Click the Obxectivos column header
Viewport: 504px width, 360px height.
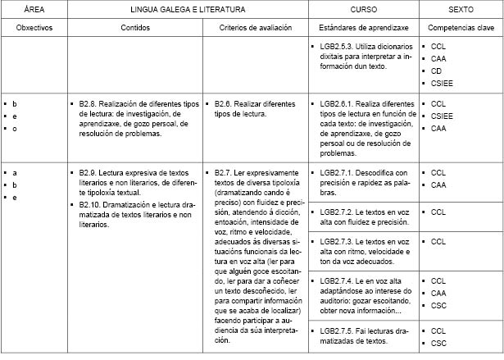coord(34,27)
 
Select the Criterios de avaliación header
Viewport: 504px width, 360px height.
coord(255,27)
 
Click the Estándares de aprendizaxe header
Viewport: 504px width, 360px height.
coord(364,27)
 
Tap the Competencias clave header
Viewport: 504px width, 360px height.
coord(460,27)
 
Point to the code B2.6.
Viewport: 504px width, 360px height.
coord(224,104)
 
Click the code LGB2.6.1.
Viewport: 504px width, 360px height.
coord(343,104)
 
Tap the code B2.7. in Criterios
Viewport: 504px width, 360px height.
coord(224,173)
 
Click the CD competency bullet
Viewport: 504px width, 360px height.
coord(436,71)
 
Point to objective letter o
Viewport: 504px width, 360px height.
coord(15,129)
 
